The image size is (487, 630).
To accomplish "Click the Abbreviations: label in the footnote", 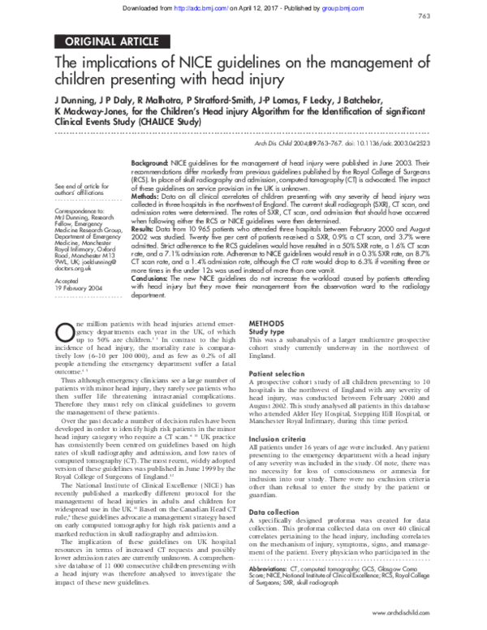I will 271,571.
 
